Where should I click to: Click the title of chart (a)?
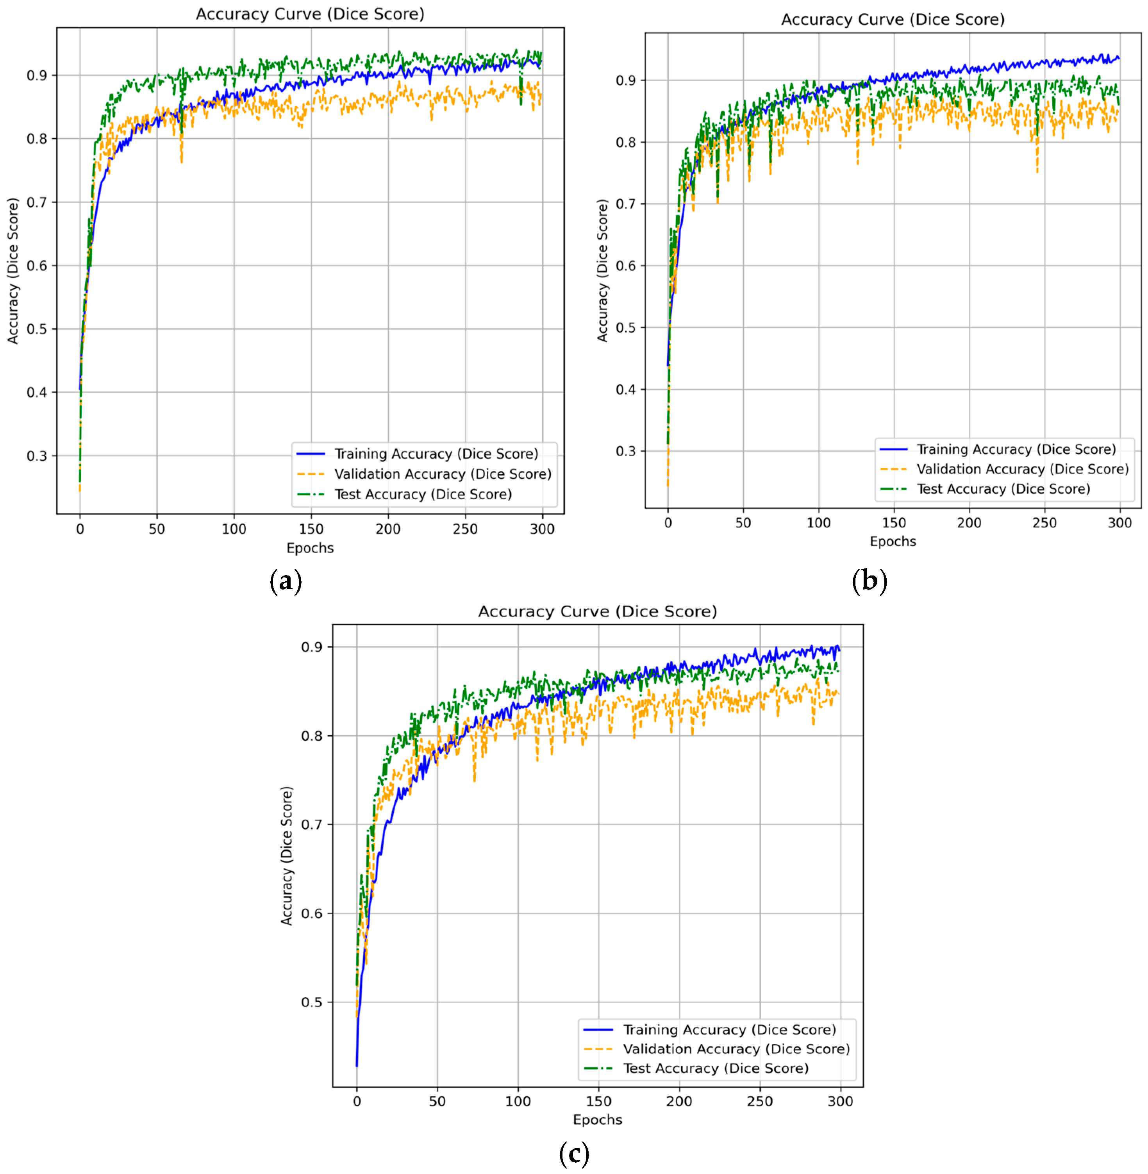(x=310, y=14)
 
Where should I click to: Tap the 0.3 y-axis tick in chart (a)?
(x=37, y=456)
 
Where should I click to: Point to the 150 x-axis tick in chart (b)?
(x=894, y=523)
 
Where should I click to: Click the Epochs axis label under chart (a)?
(x=310, y=548)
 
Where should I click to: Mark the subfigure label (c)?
(x=573, y=1154)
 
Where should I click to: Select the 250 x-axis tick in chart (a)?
(x=465, y=529)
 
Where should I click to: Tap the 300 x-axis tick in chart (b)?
(x=1119, y=523)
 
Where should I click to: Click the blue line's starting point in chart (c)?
(x=357, y=1066)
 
